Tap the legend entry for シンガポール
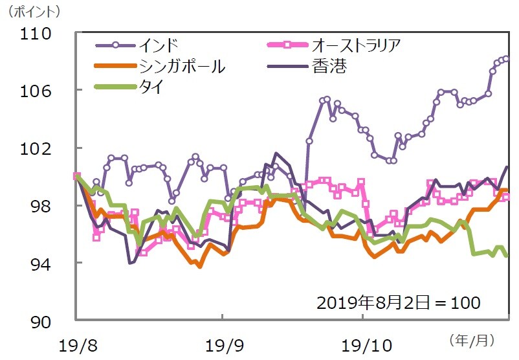[x=181, y=66]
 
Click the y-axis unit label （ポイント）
[x=33, y=11]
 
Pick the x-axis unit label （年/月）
[x=470, y=339]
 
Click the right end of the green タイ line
[x=507, y=255]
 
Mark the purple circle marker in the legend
[x=115, y=45]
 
